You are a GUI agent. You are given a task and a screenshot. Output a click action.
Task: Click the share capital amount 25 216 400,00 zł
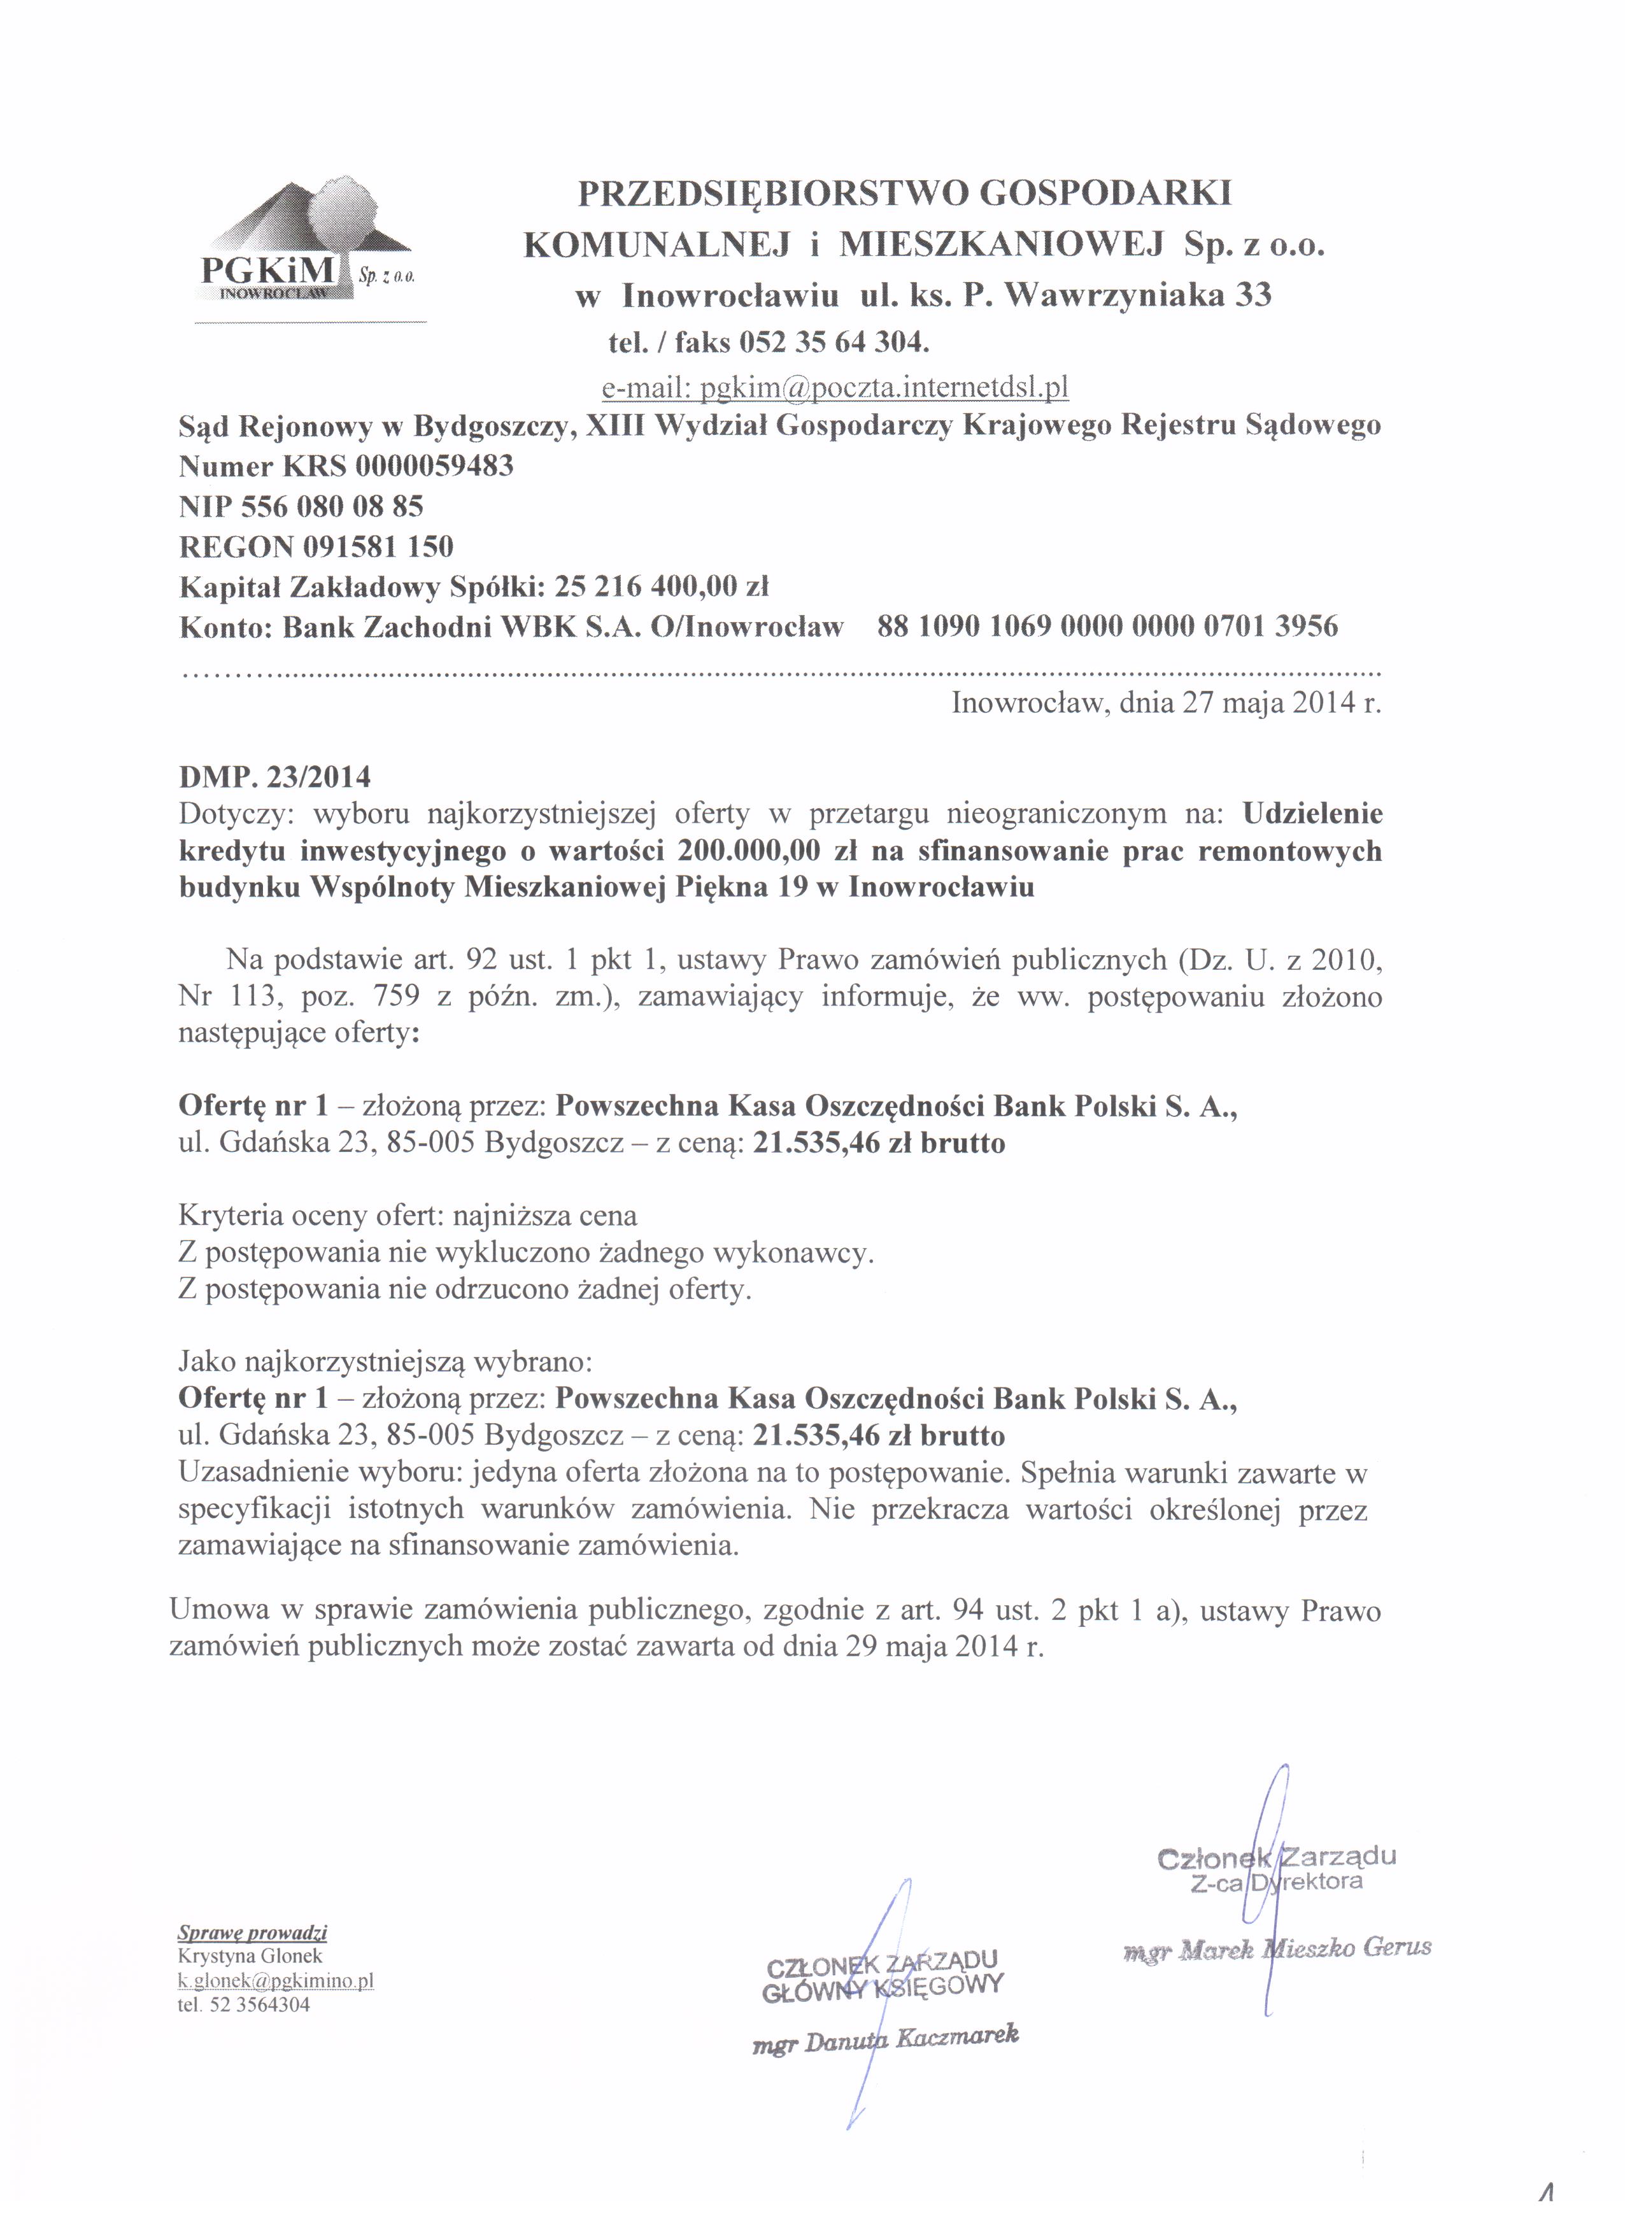[x=661, y=586]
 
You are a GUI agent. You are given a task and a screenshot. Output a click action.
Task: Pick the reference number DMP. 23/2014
[x=275, y=777]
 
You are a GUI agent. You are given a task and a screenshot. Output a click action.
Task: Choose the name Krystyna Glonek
[x=250, y=1956]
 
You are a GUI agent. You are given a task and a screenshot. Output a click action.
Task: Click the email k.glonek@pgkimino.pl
[x=275, y=1981]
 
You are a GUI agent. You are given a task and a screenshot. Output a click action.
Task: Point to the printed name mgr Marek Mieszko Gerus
[x=1276, y=1948]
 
